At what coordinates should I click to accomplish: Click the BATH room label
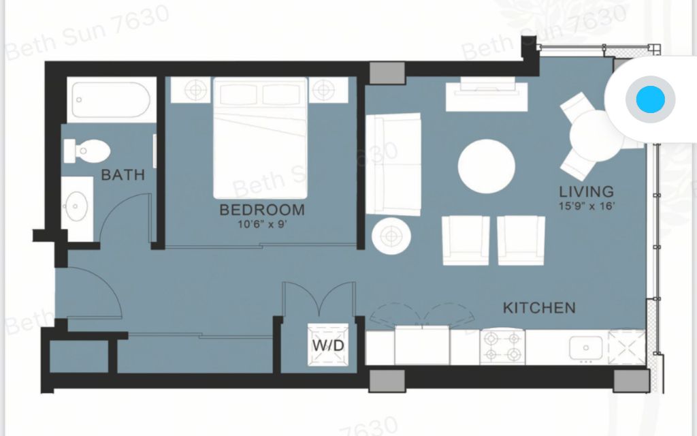pyautogui.click(x=123, y=175)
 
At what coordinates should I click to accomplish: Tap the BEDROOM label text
pyautogui.click(x=262, y=210)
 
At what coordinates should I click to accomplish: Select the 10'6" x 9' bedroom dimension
pyautogui.click(x=262, y=223)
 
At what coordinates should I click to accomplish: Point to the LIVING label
pyautogui.click(x=586, y=191)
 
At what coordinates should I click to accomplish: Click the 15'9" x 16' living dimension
pyautogui.click(x=587, y=206)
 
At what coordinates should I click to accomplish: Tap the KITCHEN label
pyautogui.click(x=539, y=308)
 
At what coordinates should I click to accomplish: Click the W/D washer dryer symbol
pyautogui.click(x=328, y=345)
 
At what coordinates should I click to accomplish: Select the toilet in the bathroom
pyautogui.click(x=86, y=151)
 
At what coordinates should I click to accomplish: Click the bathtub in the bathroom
pyautogui.click(x=112, y=99)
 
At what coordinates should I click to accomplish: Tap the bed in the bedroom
pyautogui.click(x=261, y=138)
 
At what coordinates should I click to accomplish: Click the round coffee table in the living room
pyautogui.click(x=487, y=166)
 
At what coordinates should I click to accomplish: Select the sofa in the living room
pyautogui.click(x=393, y=164)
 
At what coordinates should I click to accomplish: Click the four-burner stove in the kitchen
pyautogui.click(x=503, y=347)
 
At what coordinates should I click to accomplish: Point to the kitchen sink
pyautogui.click(x=586, y=348)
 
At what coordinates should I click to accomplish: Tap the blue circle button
pyautogui.click(x=650, y=99)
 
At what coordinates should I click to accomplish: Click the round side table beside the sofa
pyautogui.click(x=391, y=236)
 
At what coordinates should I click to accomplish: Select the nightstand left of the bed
pyautogui.click(x=191, y=90)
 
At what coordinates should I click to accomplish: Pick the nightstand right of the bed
pyautogui.click(x=329, y=90)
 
